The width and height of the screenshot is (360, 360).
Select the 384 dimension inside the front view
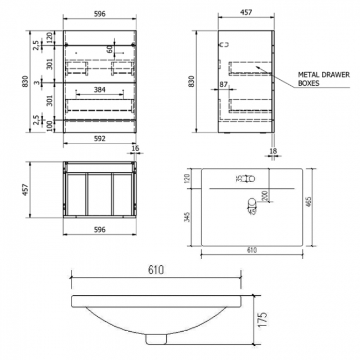pyautogui.click(x=100, y=89)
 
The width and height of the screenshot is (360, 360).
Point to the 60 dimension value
pyautogui.click(x=110, y=49)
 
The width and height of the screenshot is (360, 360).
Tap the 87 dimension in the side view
pyautogui.click(x=224, y=84)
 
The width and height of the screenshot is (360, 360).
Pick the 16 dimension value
pyautogui.click(x=136, y=149)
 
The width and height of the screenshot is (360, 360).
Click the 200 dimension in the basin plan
pyautogui.click(x=265, y=195)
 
